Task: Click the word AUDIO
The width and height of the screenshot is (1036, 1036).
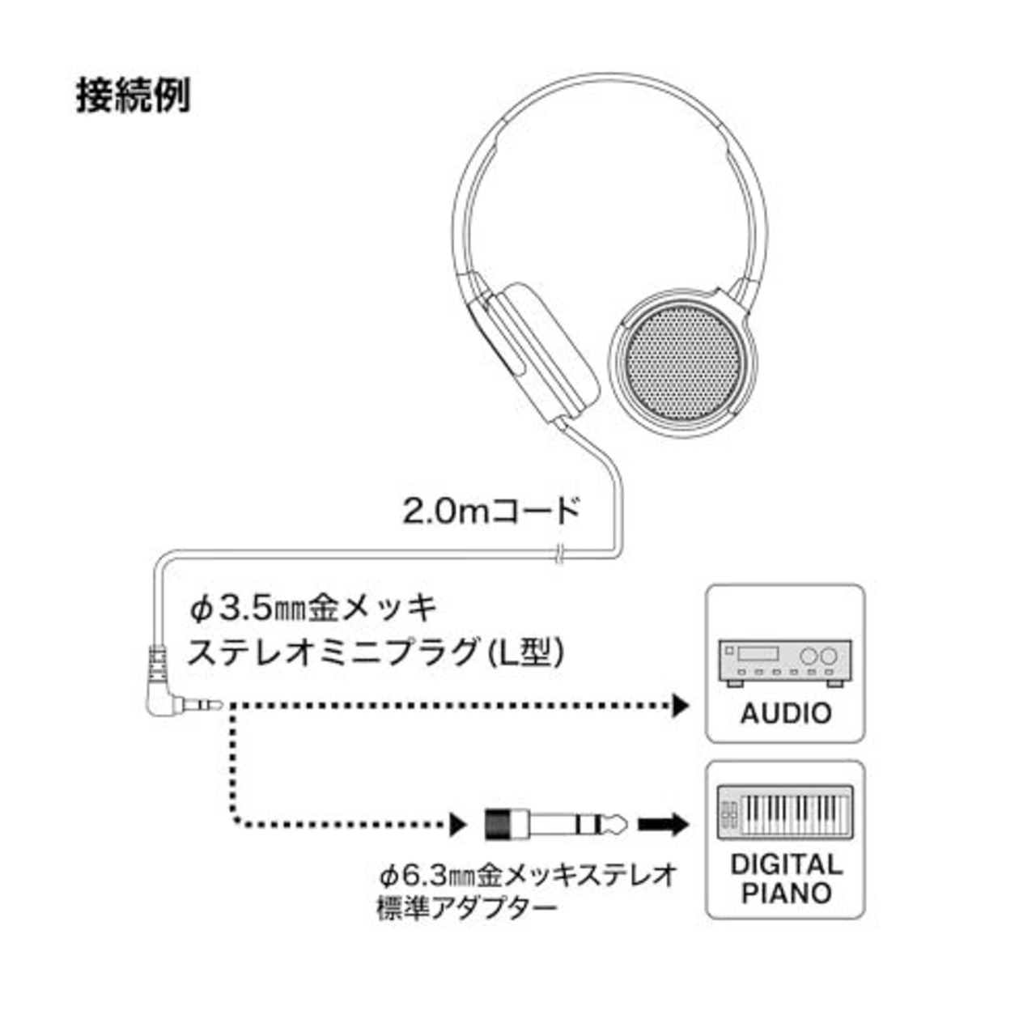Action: pyautogui.click(x=785, y=713)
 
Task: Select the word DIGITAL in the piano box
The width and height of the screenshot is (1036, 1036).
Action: pyautogui.click(x=786, y=865)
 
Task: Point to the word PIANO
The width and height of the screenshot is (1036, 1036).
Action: pyautogui.click(x=786, y=893)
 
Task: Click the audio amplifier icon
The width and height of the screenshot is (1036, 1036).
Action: pyautogui.click(x=785, y=662)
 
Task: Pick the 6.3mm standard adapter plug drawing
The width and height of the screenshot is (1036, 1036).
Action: pyautogui.click(x=556, y=824)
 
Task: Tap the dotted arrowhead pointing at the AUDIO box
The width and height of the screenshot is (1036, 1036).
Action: pyautogui.click(x=681, y=705)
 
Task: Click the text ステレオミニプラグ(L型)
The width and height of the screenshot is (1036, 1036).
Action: pyautogui.click(x=376, y=652)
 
